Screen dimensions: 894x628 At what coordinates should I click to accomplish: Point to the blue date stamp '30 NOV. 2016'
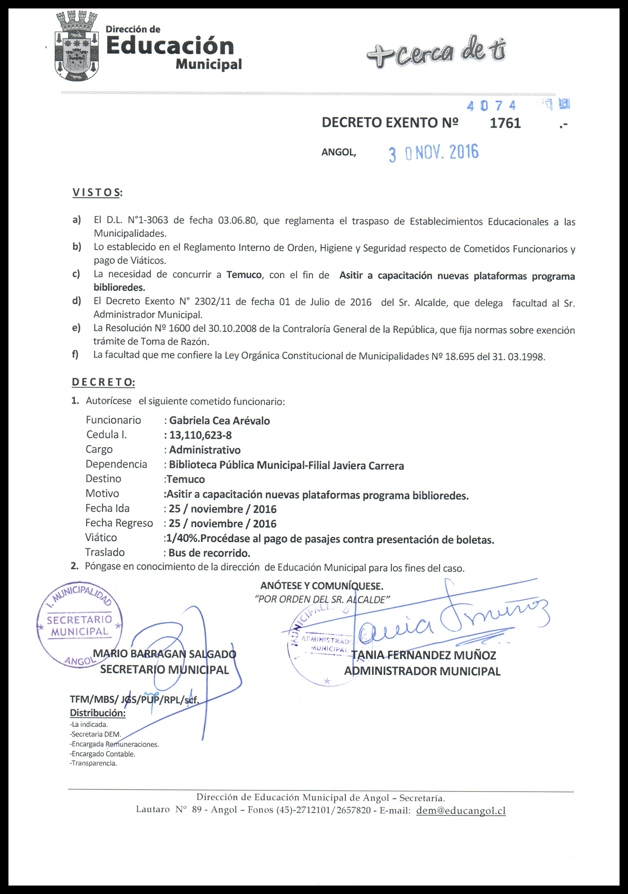[433, 153]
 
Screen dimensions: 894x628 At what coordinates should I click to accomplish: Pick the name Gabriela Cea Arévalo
[219, 421]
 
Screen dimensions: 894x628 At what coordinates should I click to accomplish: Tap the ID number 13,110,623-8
[200, 435]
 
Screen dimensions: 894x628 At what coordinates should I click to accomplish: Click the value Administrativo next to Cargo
[205, 450]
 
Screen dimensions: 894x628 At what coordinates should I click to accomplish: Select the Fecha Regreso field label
[119, 523]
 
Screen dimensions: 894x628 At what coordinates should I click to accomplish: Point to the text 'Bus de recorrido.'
[209, 553]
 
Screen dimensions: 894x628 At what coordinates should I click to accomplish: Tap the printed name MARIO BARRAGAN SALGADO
[165, 654]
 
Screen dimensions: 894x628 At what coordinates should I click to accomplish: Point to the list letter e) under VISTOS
[76, 327]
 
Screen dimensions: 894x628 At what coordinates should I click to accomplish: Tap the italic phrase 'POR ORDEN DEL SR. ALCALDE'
[322, 600]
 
